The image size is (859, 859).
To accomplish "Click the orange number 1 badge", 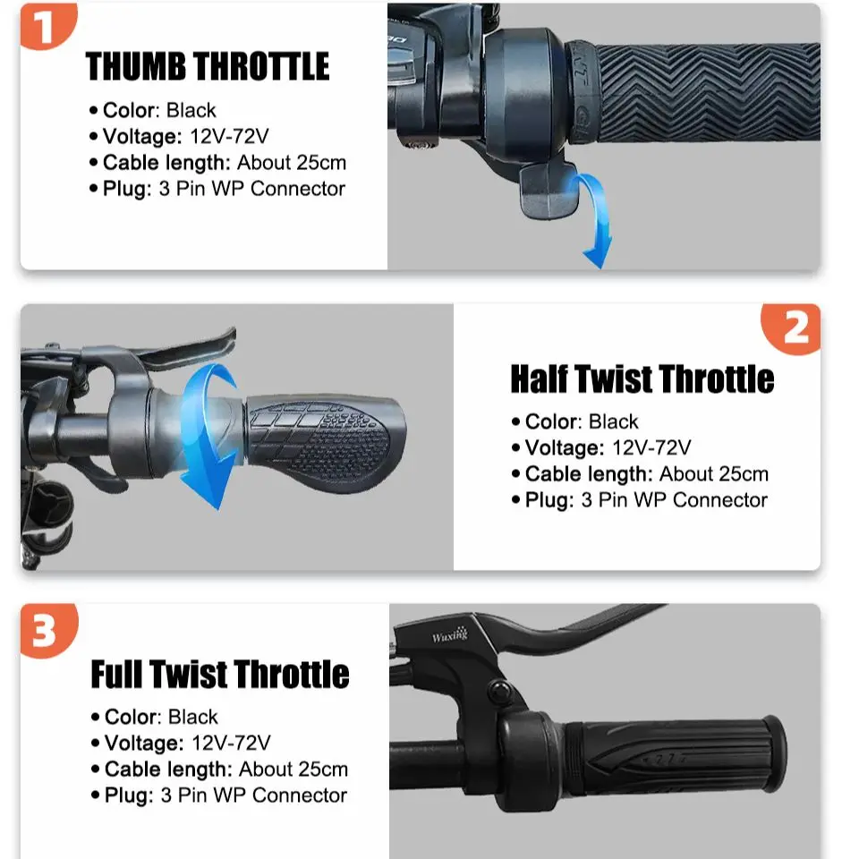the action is coord(47,25).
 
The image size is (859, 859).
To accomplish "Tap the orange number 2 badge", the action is coord(792,328).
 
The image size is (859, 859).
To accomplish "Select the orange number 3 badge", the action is coord(48,630).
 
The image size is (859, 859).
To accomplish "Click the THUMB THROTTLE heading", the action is coord(208,66).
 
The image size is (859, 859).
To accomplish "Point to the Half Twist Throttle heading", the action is coord(642,378).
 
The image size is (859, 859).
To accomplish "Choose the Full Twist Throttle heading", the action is coord(220,674).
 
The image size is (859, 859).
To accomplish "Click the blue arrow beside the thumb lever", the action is coord(592,219).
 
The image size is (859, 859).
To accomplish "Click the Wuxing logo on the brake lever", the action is coord(450,635).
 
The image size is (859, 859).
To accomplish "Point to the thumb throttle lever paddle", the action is coord(548,191).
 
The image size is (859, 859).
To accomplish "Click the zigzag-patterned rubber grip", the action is coord(707,92).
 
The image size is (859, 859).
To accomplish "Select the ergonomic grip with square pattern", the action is coord(325,441).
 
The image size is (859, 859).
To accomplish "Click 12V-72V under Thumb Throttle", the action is coord(229,136).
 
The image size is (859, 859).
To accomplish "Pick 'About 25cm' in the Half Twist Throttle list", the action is coord(714,474).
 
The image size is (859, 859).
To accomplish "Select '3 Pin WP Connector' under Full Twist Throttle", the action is coord(253,795).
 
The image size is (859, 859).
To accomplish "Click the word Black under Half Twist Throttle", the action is coord(613,421).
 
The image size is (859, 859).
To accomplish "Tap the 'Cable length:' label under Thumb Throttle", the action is coord(166,163).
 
